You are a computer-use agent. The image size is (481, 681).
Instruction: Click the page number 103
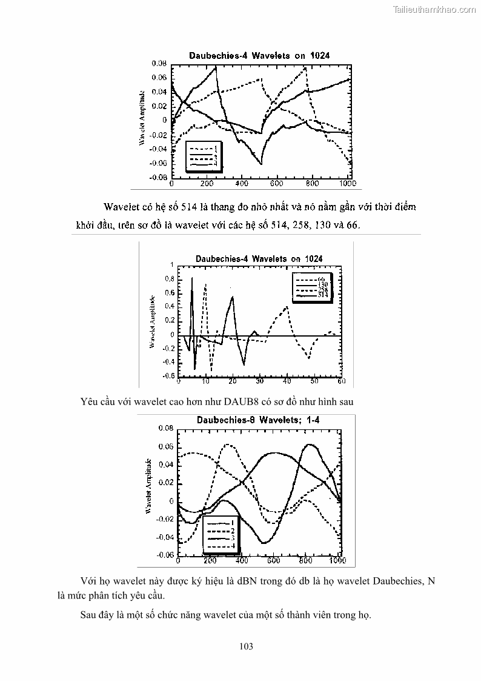pos(245,646)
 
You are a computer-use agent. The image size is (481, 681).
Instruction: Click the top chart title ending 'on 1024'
pos(259,55)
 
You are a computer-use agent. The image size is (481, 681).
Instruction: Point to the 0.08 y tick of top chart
pos(159,63)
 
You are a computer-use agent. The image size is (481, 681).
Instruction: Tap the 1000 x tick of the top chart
pos(347,183)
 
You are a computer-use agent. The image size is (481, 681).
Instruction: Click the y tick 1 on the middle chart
pos(172,265)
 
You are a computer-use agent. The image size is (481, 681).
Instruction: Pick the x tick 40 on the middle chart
pos(287,381)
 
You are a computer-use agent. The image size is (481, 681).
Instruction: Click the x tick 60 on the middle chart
pos(341,381)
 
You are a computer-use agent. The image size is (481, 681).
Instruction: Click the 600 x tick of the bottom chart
pos(274,561)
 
